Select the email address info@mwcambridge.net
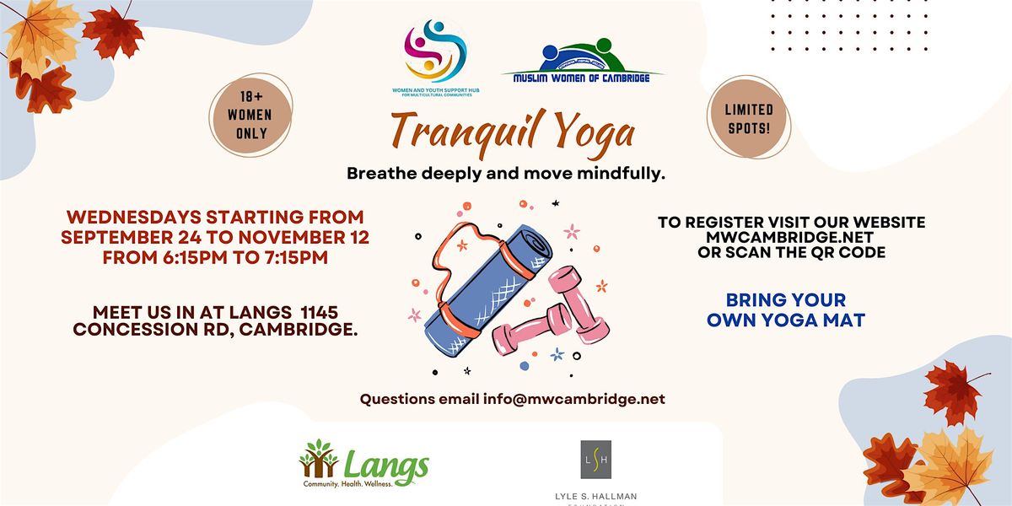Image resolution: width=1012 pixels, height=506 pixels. click(x=573, y=399)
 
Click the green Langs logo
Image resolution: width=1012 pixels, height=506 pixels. click(x=364, y=467)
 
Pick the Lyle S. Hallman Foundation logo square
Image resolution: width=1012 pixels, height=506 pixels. click(x=596, y=460)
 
